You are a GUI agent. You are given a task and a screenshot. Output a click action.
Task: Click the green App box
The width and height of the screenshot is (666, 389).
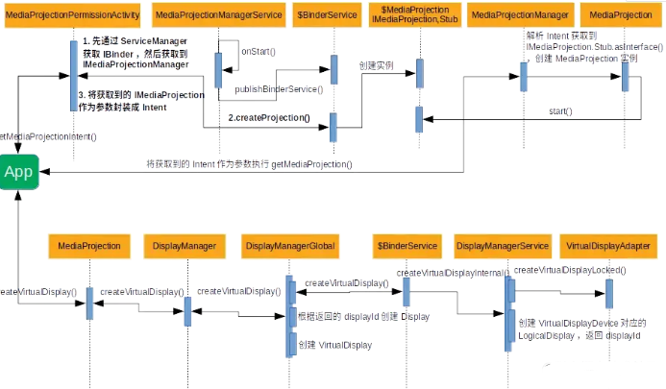pyautogui.click(x=18, y=172)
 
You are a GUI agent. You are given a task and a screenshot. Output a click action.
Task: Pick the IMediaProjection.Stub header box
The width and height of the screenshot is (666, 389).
pyautogui.click(x=418, y=15)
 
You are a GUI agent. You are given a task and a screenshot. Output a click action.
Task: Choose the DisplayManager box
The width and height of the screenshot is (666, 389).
pyautogui.click(x=185, y=247)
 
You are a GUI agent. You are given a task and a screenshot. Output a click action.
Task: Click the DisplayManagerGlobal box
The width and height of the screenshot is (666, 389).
pyautogui.click(x=290, y=247)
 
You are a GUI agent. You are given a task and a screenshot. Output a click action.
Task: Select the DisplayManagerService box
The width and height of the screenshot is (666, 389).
pyautogui.click(x=502, y=247)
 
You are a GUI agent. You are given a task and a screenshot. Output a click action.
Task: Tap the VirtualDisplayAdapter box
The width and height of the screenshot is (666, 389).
pyautogui.click(x=608, y=247)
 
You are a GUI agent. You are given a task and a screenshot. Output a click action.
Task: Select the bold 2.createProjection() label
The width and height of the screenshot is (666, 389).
pyautogui.click(x=269, y=117)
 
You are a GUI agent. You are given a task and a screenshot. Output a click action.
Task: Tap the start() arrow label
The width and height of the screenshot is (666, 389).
pyautogui.click(x=560, y=111)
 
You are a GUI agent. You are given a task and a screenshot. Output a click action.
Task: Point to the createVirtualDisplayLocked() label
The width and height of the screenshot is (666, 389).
pyautogui.click(x=570, y=271)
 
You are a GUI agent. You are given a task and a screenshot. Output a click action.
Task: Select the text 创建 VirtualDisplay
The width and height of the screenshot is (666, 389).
pyautogui.click(x=334, y=344)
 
